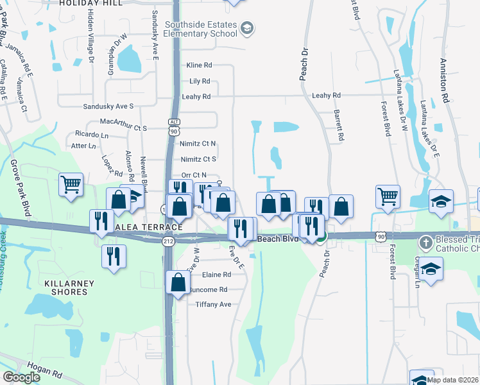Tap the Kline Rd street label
pyautogui.click(x=199, y=65)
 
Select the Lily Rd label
pyautogui.click(x=200, y=81)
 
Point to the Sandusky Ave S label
pyautogui.click(x=108, y=106)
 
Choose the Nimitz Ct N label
pyautogui.click(x=198, y=144)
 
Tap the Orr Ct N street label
pyautogui.click(x=194, y=175)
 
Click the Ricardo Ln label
pyautogui.click(x=92, y=135)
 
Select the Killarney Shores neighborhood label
pyautogui.click(x=69, y=287)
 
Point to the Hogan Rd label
pyautogui.click(x=49, y=372)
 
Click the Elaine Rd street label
pyautogui.click(x=216, y=274)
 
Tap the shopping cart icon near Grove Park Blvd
pyautogui.click(x=71, y=185)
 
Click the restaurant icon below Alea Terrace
pyautogui.click(x=114, y=257)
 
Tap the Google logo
pyautogui.click(x=21, y=377)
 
